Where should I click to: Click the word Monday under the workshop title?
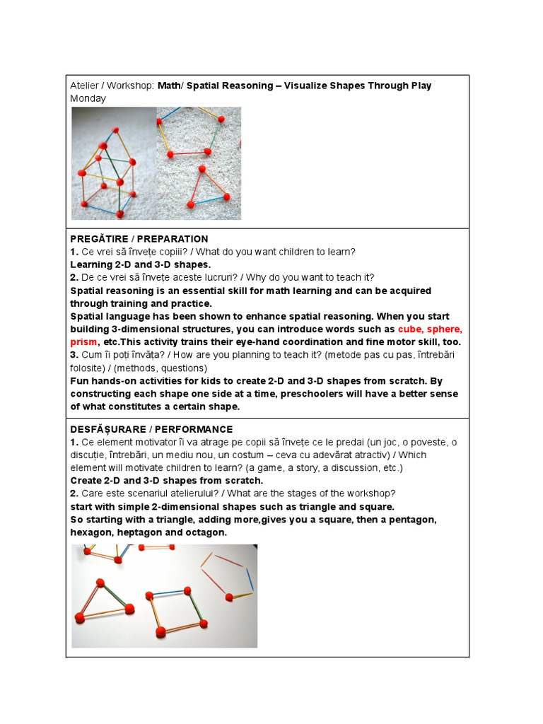coord(88,98)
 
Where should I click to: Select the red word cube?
coord(411,329)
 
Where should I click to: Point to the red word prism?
coord(83,341)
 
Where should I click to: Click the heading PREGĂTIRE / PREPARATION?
coord(139,239)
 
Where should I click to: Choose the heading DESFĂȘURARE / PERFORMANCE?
coord(151,429)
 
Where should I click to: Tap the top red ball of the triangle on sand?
coord(202,170)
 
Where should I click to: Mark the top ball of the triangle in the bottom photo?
coord(101,583)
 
